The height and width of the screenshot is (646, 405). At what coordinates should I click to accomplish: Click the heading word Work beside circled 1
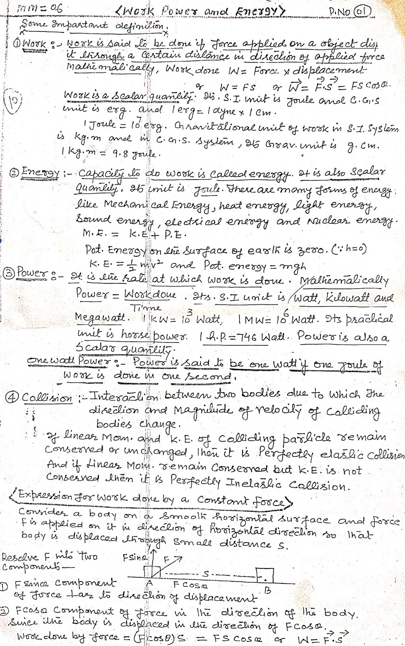(x=35, y=44)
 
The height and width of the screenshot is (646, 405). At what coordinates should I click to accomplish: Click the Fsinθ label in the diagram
(x=135, y=558)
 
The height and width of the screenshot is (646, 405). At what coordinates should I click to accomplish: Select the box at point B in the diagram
(x=265, y=575)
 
